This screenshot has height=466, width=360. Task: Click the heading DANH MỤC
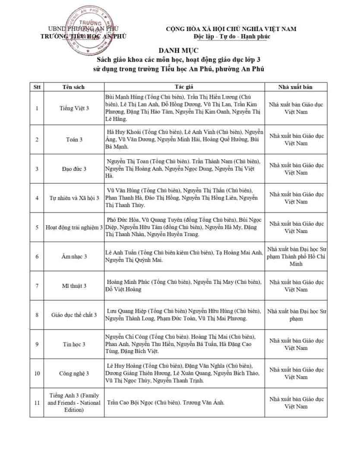(180, 50)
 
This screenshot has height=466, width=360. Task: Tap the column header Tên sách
(74, 87)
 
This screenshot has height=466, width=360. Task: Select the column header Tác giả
(184, 87)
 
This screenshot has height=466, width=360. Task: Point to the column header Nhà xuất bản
(296, 87)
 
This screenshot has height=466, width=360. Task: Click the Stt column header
(37, 87)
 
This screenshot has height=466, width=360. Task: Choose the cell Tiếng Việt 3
(74, 108)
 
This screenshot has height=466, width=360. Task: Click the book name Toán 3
(74, 139)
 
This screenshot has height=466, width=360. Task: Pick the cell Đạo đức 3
(74, 169)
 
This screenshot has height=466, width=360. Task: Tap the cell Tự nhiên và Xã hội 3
(74, 198)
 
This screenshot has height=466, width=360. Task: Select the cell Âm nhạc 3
(74, 256)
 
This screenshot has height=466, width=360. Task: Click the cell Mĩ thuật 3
(74, 286)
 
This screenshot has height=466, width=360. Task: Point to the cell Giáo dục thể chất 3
(74, 315)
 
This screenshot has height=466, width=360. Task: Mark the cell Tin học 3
(74, 344)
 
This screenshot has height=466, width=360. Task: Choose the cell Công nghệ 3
(74, 374)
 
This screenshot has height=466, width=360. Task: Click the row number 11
(37, 403)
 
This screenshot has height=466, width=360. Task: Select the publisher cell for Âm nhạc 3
(296, 256)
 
